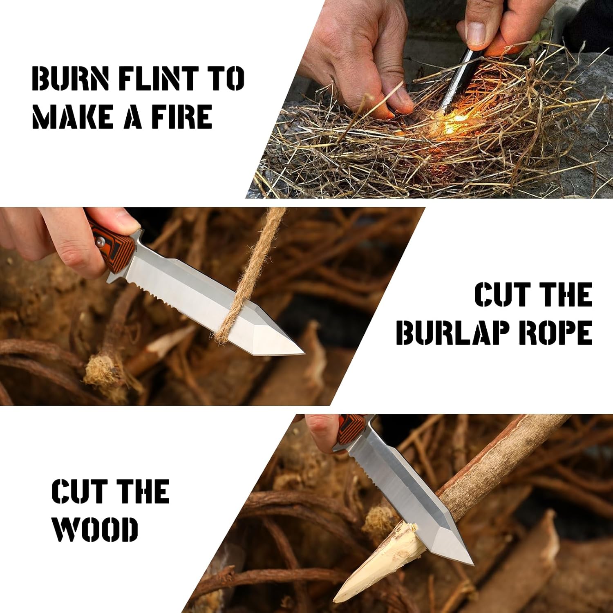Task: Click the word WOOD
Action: point(95,529)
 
